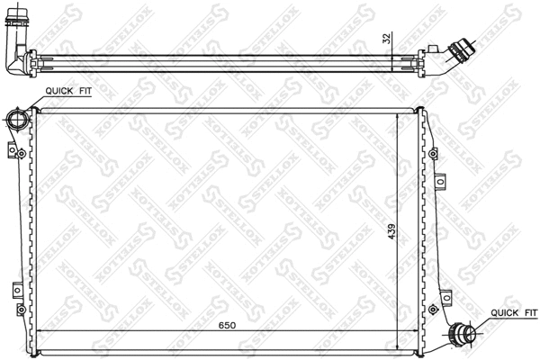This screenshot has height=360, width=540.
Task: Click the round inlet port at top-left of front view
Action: click(x=16, y=120)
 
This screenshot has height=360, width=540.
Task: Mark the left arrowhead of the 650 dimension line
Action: click(x=38, y=332)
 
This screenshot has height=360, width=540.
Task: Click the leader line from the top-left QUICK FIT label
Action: click(x=29, y=99)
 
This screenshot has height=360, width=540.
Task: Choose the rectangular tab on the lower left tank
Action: click(x=17, y=290)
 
